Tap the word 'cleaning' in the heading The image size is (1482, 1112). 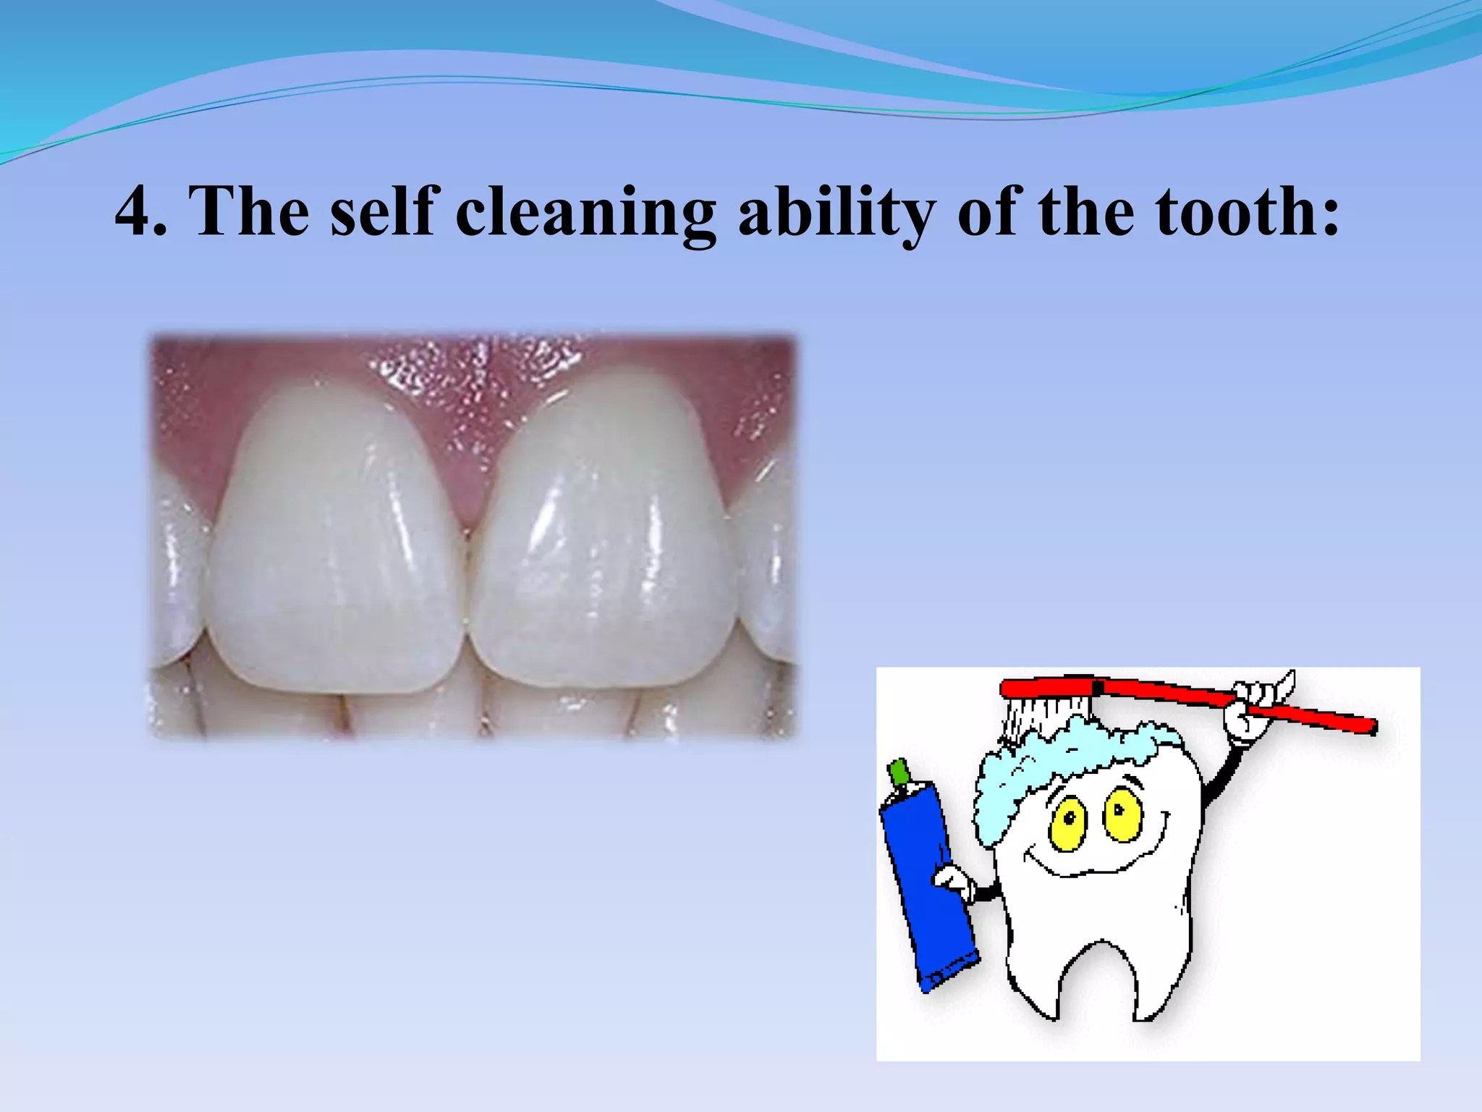(x=585, y=214)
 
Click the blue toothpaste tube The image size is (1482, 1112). (x=926, y=890)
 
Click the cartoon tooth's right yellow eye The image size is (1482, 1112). (x=1122, y=814)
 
